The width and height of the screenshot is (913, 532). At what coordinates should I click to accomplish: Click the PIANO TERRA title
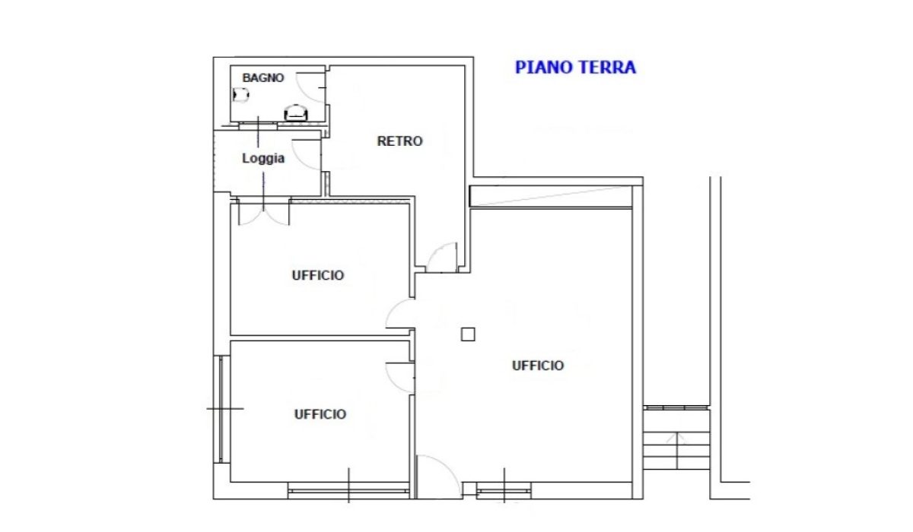click(575, 68)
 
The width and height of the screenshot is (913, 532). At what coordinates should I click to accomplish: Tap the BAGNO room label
click(263, 78)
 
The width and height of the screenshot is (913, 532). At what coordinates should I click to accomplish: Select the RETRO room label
click(400, 141)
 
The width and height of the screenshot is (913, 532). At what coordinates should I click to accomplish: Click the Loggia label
click(263, 158)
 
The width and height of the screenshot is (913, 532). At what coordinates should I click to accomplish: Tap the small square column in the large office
click(468, 334)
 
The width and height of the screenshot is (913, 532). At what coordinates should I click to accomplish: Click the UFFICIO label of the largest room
click(538, 366)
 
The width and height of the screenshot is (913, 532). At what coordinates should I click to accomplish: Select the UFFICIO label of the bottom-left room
click(320, 414)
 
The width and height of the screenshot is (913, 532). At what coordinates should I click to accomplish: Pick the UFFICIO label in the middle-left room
click(318, 276)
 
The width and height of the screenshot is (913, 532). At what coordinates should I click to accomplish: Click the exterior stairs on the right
click(676, 438)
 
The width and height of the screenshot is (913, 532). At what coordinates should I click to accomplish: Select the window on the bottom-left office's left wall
click(221, 409)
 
